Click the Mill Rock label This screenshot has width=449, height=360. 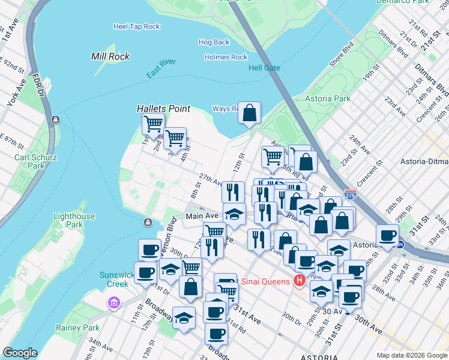pos(110,56)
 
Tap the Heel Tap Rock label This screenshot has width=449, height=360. pos(137,26)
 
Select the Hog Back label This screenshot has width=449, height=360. pos(214,42)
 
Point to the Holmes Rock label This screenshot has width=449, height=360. pos(226,57)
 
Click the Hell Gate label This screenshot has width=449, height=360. pos(264,68)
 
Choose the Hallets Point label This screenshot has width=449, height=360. pos(163,109)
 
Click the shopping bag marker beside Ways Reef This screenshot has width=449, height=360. pos(249,112)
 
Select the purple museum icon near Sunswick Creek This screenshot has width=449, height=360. pos(113,304)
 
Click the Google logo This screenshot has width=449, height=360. pos(20,353)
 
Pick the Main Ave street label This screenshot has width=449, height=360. pos(202,215)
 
